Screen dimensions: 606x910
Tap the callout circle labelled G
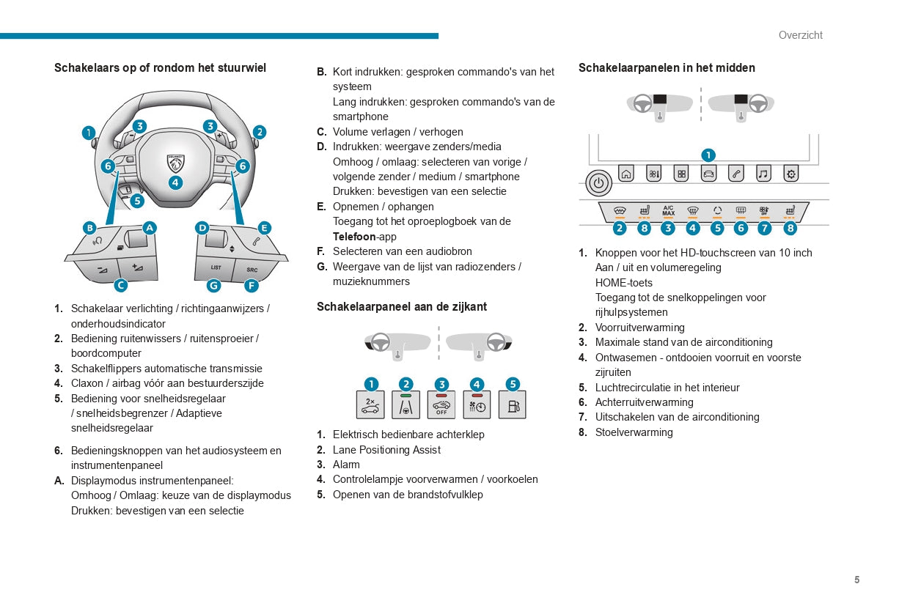(213, 286)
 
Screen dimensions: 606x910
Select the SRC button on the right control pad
(252, 269)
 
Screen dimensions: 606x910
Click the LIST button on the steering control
(216, 267)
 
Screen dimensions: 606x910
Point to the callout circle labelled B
(89, 228)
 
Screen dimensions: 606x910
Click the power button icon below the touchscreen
(598, 183)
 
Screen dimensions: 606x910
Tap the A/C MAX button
(668, 210)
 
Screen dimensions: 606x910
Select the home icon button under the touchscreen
(625, 174)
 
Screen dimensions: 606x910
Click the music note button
(763, 174)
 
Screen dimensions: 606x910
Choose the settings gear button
(790, 174)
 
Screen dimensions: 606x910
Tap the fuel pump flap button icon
(512, 405)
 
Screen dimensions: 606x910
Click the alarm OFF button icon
(441, 405)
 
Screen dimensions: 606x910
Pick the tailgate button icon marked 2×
(370, 405)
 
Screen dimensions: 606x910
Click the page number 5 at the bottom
(856, 580)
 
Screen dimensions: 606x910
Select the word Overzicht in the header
(800, 35)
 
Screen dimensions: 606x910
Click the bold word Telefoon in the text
(354, 237)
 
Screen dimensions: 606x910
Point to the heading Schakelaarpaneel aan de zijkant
(401, 306)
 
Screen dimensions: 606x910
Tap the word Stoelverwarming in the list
(634, 432)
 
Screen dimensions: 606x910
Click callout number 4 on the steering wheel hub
(175, 182)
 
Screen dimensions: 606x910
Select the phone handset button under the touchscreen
(736, 174)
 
